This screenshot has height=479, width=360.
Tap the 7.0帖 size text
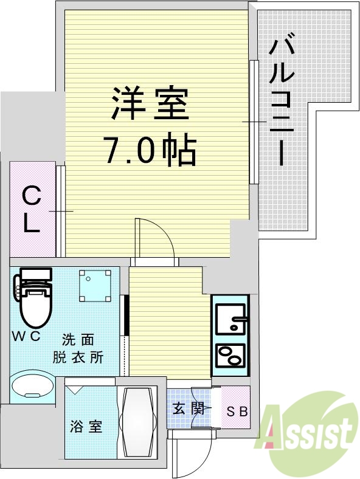point(150,150)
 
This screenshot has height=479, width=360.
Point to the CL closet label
point(32,210)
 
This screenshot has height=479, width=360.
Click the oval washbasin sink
point(34,387)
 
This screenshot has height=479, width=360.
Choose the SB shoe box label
point(237,412)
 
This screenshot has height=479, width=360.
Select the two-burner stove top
point(229,356)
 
